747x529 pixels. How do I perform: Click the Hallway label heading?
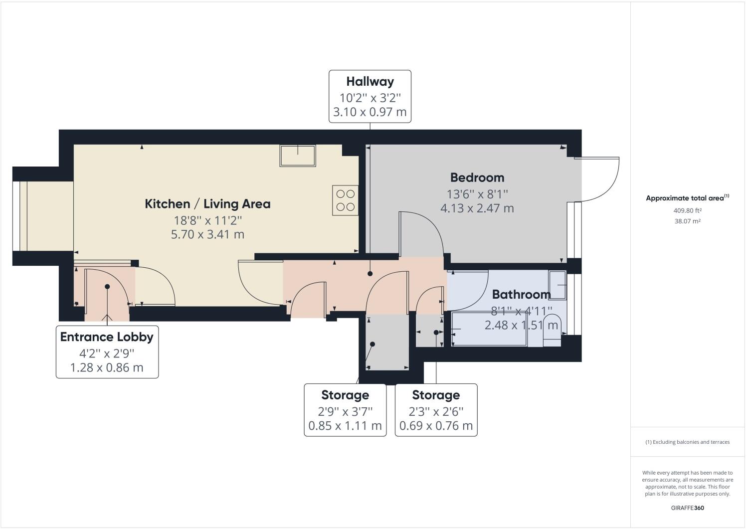pos(370,81)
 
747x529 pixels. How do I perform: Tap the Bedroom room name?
pos(477,177)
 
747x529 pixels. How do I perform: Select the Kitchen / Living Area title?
pos(207,204)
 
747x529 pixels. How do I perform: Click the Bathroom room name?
pos(521,294)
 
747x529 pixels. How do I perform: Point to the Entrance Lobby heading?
pos(107,337)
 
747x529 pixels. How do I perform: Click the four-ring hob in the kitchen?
pos(345,200)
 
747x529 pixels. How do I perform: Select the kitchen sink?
pos(298,156)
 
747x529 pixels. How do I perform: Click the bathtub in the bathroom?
pos(489,329)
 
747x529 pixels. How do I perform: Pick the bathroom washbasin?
pos(558,285)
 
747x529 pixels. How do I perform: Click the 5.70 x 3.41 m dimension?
pos(207,234)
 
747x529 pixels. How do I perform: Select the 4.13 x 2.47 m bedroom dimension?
pos(477,208)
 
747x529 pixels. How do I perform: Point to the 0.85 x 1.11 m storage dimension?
pos(345,426)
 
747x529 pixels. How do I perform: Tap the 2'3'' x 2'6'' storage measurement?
pos(436,411)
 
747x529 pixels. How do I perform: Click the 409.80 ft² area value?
pos(687,210)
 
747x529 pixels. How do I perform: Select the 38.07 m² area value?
pos(687,221)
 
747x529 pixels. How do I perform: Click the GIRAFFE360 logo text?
pos(687,508)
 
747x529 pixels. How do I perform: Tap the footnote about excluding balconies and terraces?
pos(687,442)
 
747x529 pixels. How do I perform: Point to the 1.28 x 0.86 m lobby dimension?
pos(107,368)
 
